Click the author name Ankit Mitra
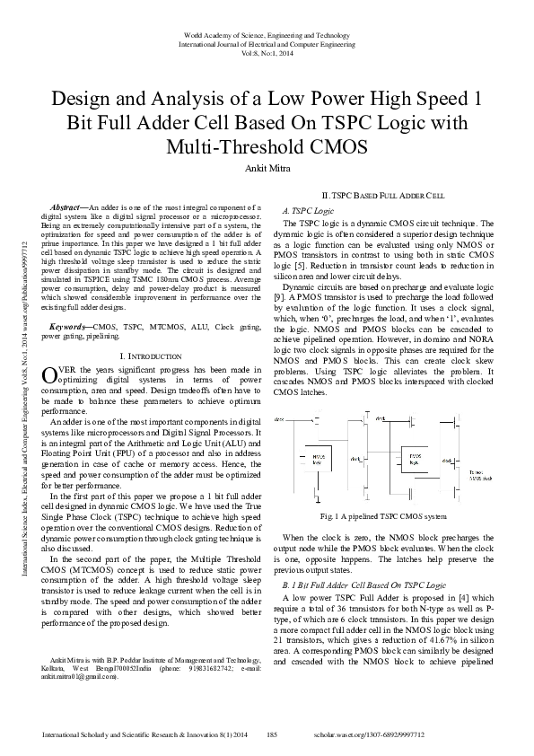click(x=267, y=166)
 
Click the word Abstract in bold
click(x=68, y=207)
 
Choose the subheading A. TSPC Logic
click(x=309, y=208)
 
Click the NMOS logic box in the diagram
click(x=317, y=457)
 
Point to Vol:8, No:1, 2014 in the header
click(x=267, y=53)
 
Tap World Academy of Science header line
click(x=267, y=35)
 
